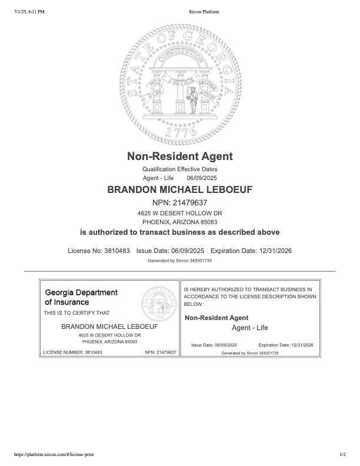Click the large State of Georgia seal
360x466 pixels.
click(180, 80)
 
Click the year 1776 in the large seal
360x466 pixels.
click(180, 133)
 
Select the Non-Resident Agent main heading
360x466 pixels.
click(180, 157)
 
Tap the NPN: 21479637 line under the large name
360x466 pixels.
click(180, 202)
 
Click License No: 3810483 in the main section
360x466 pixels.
click(99, 251)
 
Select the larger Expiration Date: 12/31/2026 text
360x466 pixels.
click(251, 251)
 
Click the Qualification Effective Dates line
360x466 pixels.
click(180, 169)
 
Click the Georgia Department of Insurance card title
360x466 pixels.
click(81, 297)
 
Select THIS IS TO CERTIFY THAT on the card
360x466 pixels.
click(76, 313)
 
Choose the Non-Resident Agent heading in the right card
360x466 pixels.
click(216, 318)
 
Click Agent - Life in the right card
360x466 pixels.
click(250, 328)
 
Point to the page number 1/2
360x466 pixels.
click(343, 455)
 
